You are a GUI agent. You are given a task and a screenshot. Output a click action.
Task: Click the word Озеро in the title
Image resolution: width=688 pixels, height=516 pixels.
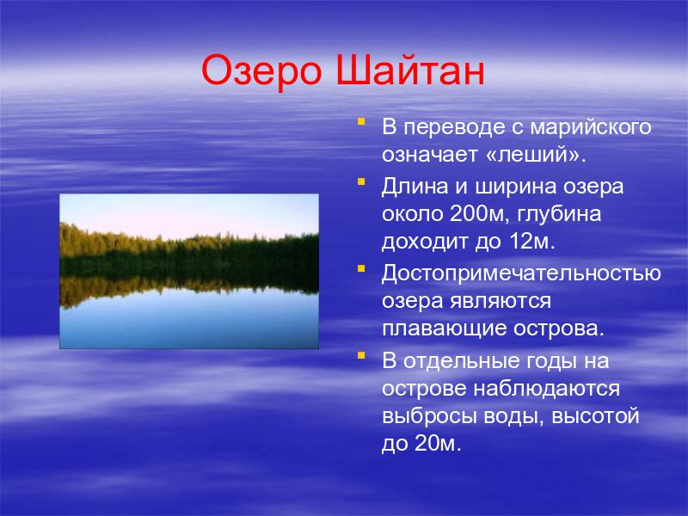coord(261,71)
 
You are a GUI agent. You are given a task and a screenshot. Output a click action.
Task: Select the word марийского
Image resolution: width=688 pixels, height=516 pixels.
coord(591,128)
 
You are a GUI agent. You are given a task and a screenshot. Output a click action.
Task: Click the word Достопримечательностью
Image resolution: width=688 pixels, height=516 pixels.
coord(521,273)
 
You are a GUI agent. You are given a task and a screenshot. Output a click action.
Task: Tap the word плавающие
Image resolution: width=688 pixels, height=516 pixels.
coord(445,329)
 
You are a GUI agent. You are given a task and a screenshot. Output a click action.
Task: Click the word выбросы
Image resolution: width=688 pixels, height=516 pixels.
coord(429,416)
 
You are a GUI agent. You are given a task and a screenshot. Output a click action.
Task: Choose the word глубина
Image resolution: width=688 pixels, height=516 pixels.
coord(559,214)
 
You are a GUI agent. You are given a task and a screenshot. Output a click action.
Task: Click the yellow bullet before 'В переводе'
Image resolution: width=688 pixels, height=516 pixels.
coord(361,120)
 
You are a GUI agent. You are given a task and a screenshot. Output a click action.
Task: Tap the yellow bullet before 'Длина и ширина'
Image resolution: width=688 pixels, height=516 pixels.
coord(361,181)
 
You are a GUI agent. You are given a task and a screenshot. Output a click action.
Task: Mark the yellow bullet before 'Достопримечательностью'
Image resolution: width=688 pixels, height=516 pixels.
coord(361,267)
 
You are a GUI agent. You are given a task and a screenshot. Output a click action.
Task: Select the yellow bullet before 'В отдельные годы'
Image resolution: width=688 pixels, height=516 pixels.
coord(361,355)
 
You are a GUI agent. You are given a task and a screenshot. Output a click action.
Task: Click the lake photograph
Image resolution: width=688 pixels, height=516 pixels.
coord(189,271)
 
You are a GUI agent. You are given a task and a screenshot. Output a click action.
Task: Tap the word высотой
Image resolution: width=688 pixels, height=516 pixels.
coord(594,416)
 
